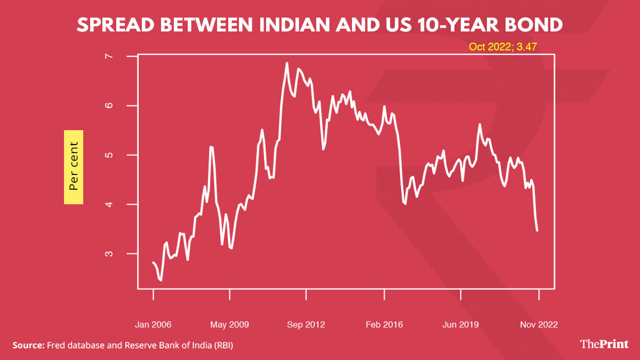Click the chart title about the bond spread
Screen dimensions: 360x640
(x=319, y=25)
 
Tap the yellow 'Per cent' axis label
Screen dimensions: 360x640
(x=74, y=166)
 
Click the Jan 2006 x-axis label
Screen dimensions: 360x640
(x=153, y=324)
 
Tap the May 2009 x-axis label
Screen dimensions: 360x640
(x=230, y=324)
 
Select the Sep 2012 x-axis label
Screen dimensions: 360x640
(x=306, y=324)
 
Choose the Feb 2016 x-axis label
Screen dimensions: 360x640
(x=384, y=324)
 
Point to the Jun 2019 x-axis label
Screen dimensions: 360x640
(x=461, y=324)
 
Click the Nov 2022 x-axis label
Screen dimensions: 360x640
(x=538, y=324)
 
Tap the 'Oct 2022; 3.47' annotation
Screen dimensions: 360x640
(x=502, y=47)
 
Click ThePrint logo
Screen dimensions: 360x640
(x=605, y=344)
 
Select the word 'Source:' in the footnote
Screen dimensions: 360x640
(x=28, y=346)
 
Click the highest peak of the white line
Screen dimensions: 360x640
(x=287, y=63)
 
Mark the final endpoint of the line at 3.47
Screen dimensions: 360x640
(x=537, y=230)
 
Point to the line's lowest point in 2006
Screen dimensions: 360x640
(x=161, y=280)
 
